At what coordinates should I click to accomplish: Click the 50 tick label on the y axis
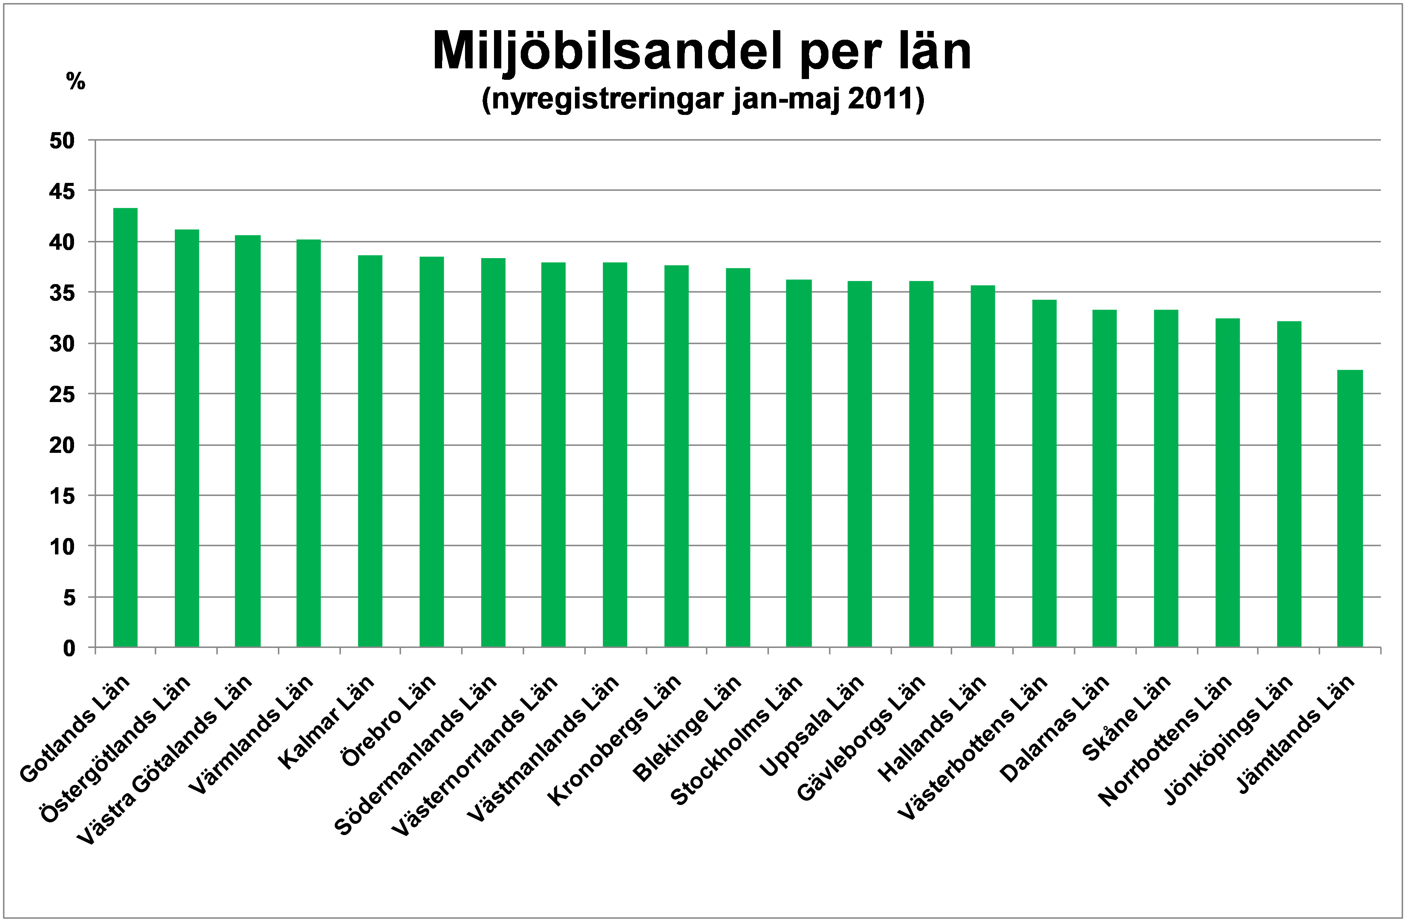[x=62, y=141]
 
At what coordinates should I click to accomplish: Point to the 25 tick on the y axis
[x=62, y=394]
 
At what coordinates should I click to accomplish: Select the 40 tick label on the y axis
[x=62, y=242]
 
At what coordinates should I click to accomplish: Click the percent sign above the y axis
[x=76, y=81]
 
